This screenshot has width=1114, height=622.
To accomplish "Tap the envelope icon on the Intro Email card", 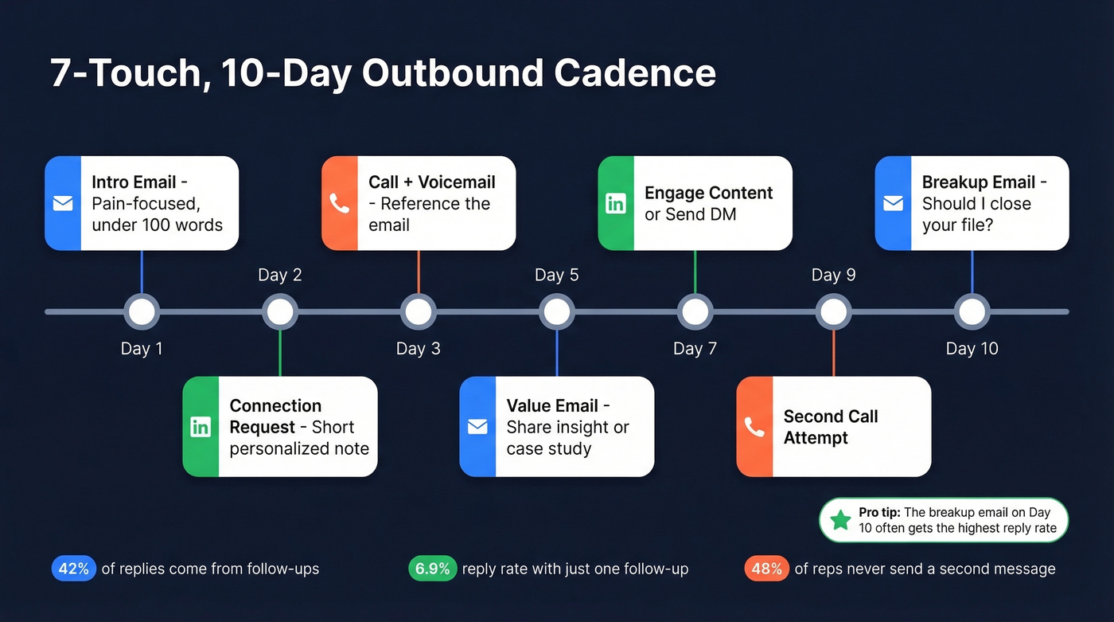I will pos(63,203).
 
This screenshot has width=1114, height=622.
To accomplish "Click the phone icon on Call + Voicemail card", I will pos(340,203).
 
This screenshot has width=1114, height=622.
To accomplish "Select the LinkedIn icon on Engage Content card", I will pos(616,203).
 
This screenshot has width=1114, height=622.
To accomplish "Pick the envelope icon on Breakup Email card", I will pos(893,203).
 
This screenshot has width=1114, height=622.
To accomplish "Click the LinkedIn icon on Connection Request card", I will pos(201,427).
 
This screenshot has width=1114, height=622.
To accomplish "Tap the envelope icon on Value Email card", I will pos(477,427).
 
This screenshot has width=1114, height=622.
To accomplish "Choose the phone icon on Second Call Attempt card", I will pos(754,427).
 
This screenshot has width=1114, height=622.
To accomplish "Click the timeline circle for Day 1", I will pos(142,311).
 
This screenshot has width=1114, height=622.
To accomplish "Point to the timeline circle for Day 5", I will pos(556,311).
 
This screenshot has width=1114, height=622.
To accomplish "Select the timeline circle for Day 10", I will pos(972,311).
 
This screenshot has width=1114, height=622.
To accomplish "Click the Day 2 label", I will pos(280,275).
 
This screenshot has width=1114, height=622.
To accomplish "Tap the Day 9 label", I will pos(833,275).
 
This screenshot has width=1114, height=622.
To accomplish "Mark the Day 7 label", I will pos(695,348).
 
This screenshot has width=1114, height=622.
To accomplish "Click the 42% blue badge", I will pos(74,569).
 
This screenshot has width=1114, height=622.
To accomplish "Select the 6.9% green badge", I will pos(433,569).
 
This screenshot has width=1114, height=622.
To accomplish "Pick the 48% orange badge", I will pos(766,569).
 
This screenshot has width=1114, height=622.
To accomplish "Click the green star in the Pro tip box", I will pos(840,520).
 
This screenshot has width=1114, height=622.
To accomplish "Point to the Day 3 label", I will pos(418,348).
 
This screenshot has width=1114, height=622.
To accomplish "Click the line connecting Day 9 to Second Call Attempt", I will pos(833,352).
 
